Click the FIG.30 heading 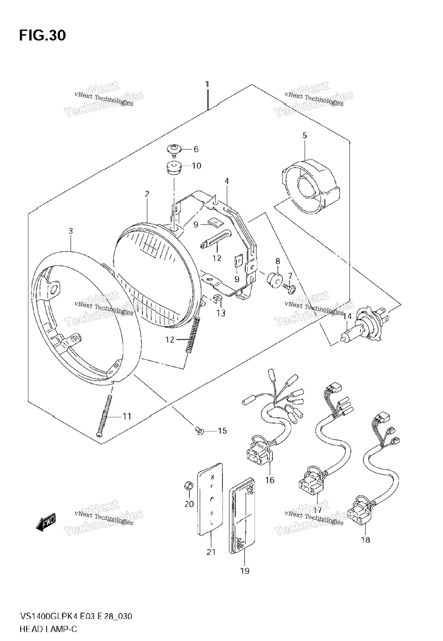(x=42, y=36)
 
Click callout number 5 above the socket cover (x=304, y=136)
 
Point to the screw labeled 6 (x=175, y=150)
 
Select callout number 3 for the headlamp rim (x=71, y=231)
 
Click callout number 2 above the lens (x=147, y=194)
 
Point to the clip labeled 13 (x=217, y=299)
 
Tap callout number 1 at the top (x=207, y=84)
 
